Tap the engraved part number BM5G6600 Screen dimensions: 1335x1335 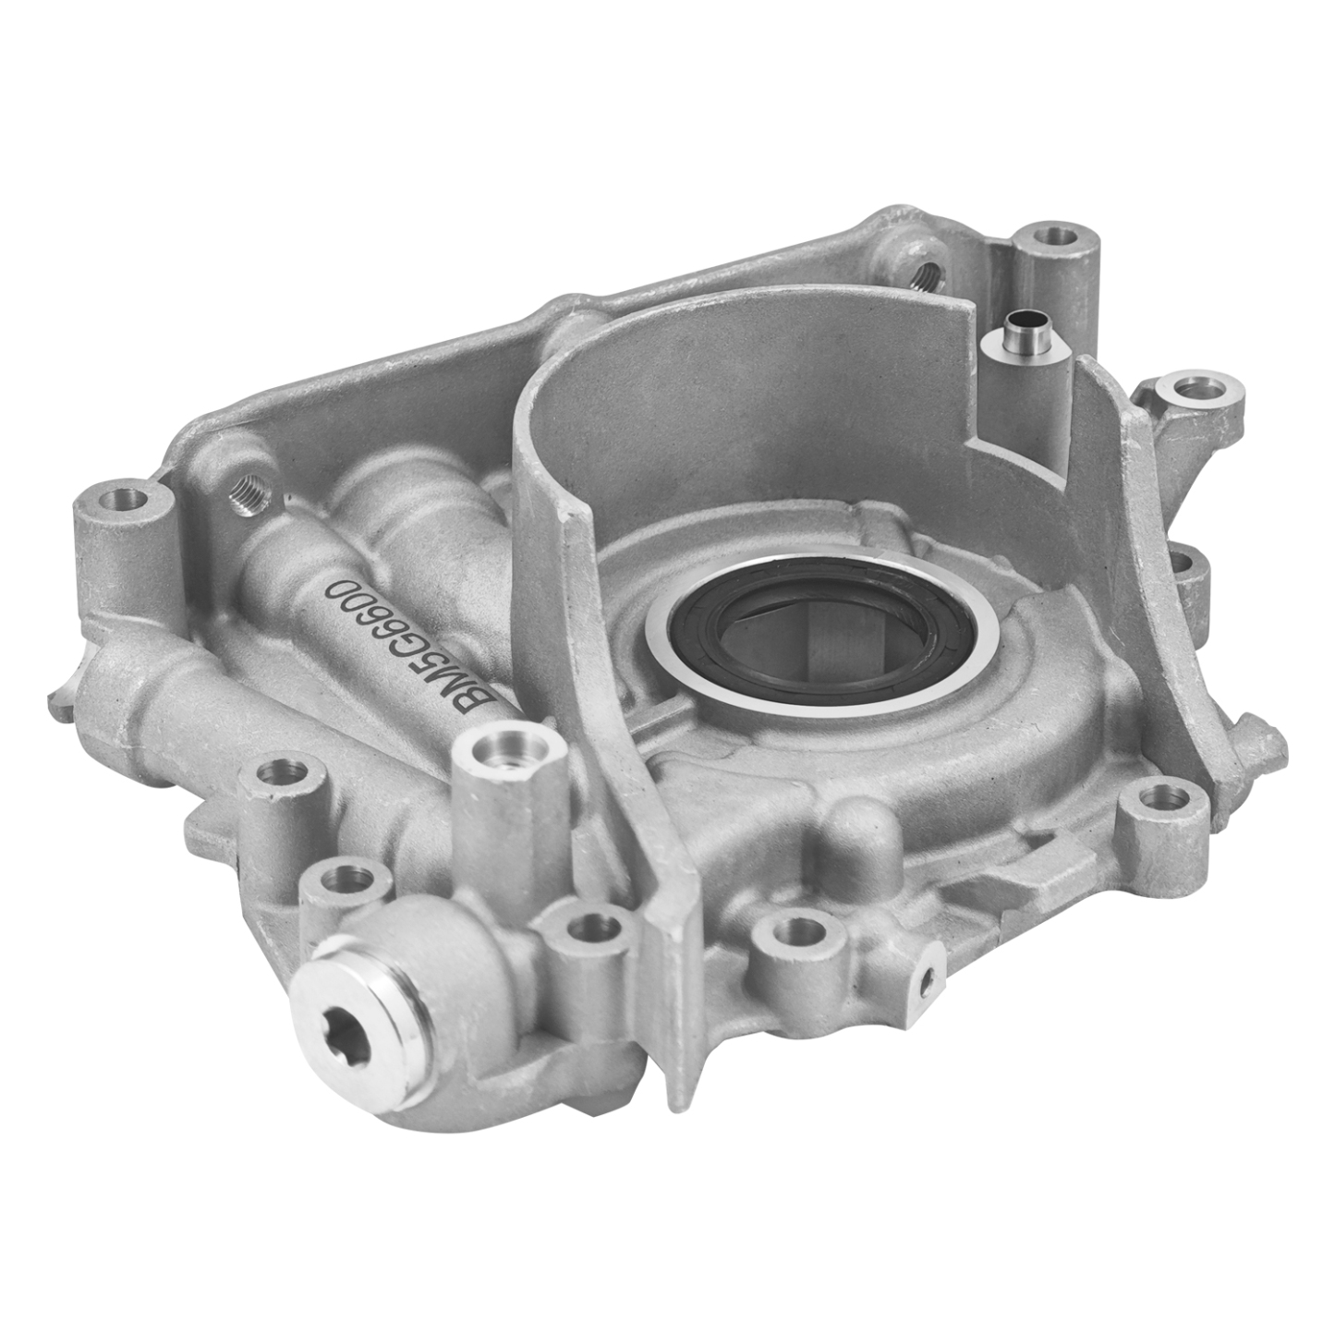(x=413, y=647)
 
